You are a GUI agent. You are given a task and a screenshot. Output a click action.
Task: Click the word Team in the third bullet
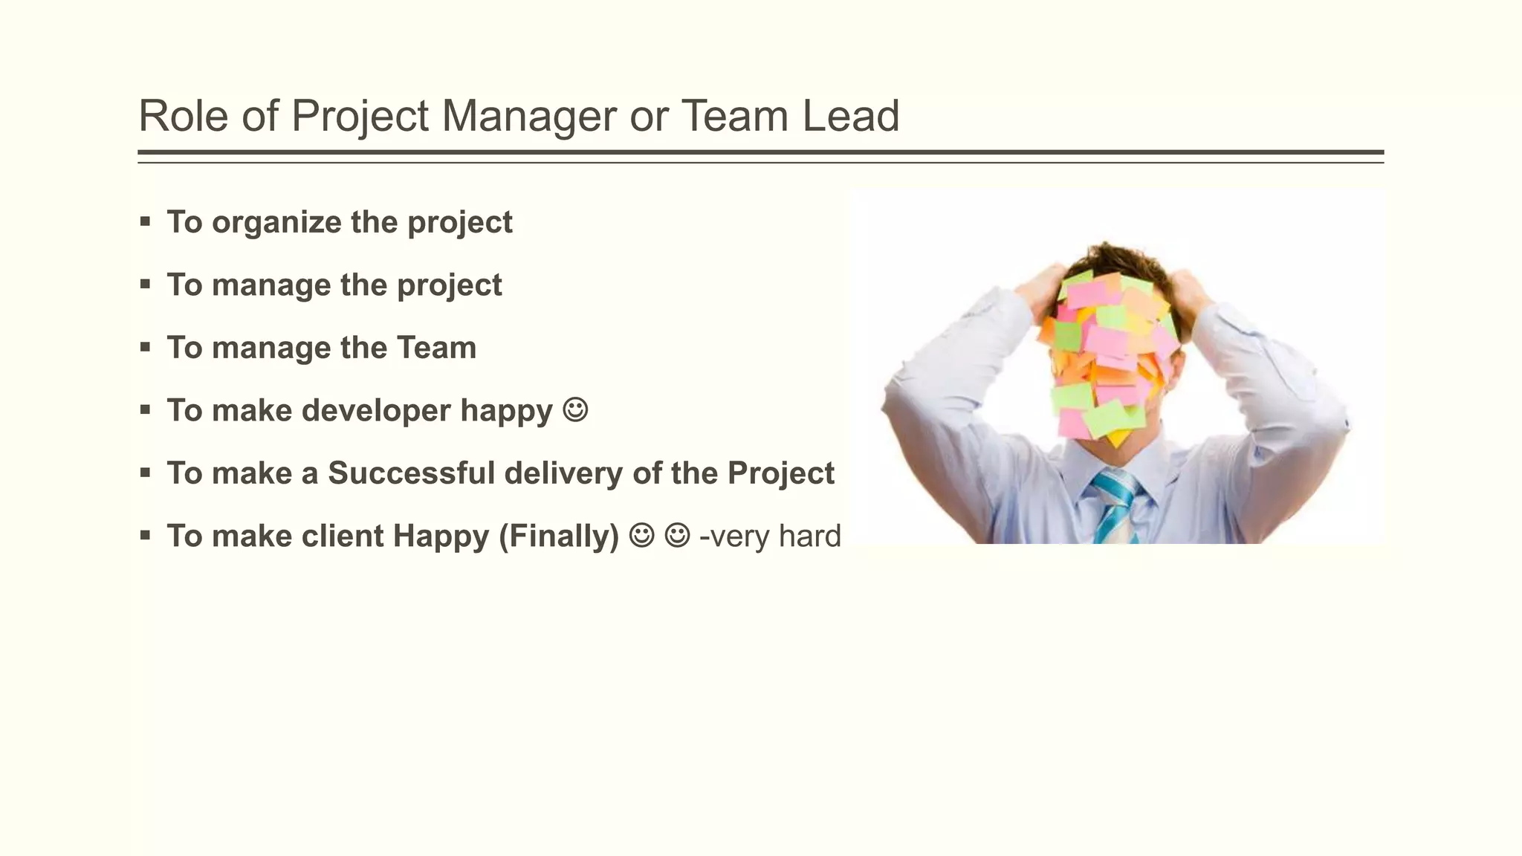(x=436, y=348)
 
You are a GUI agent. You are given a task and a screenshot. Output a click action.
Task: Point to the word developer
(x=376, y=410)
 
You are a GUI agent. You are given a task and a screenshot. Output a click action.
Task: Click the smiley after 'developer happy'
(x=576, y=409)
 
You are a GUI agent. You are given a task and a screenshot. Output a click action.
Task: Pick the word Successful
(x=411, y=473)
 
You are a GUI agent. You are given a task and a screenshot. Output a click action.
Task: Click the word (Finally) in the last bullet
(x=559, y=536)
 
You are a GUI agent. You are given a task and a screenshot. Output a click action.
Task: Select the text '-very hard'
(x=770, y=536)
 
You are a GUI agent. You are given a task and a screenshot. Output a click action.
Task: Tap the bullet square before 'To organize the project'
(x=145, y=221)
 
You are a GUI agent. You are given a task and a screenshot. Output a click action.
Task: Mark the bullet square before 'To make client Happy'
(x=145, y=535)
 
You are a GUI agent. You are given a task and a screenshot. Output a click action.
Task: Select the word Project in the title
(x=360, y=117)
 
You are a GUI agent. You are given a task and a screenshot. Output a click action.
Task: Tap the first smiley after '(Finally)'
(x=641, y=535)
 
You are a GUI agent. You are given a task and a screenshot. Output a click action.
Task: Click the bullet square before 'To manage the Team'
(x=145, y=347)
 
